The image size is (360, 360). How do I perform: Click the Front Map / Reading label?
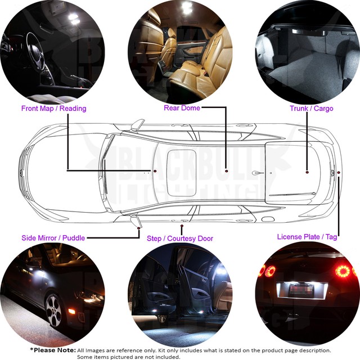[x=53, y=108]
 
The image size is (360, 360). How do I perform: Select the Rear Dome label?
[x=182, y=107]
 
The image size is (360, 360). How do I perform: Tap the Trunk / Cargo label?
[x=311, y=108]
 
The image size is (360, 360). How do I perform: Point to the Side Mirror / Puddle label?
[x=53, y=238]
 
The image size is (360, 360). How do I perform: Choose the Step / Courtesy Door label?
[x=180, y=238]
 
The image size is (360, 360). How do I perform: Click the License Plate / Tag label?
[x=307, y=237]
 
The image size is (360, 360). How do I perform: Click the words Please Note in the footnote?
[x=52, y=350]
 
